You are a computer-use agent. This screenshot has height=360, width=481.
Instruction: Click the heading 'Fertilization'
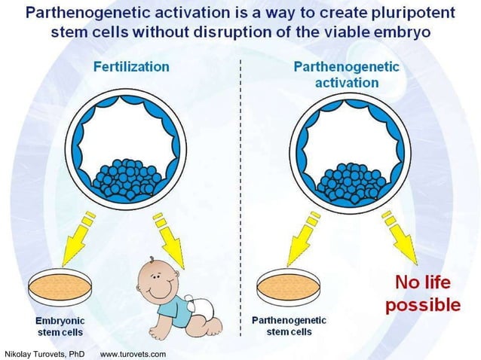(131, 66)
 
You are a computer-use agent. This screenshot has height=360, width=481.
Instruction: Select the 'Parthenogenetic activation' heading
(346, 74)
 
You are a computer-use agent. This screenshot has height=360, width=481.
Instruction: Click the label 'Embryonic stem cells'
(60, 326)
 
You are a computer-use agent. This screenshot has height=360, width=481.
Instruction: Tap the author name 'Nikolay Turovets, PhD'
(44, 353)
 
